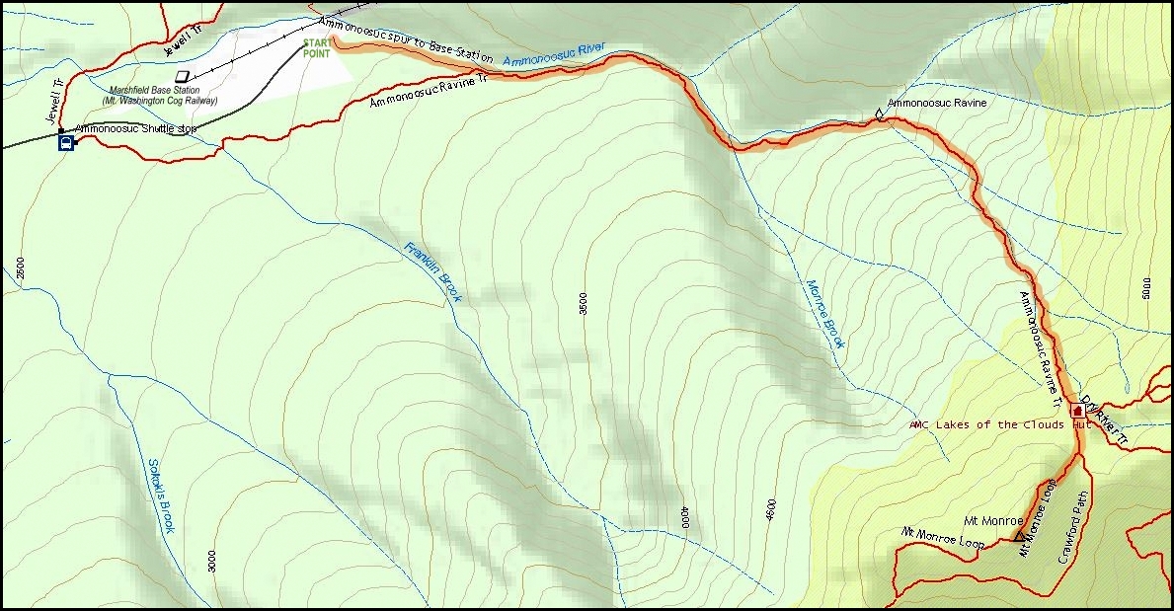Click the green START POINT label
tap(317, 48)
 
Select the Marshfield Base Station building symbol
tap(182, 75)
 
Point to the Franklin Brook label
tap(432, 271)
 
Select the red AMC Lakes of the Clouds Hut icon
tap(1076, 410)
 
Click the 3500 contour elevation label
tap(584, 303)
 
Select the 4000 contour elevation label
tap(682, 517)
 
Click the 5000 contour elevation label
tap(1145, 288)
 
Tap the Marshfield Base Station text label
tap(163, 95)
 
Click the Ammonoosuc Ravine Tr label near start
tap(429, 90)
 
